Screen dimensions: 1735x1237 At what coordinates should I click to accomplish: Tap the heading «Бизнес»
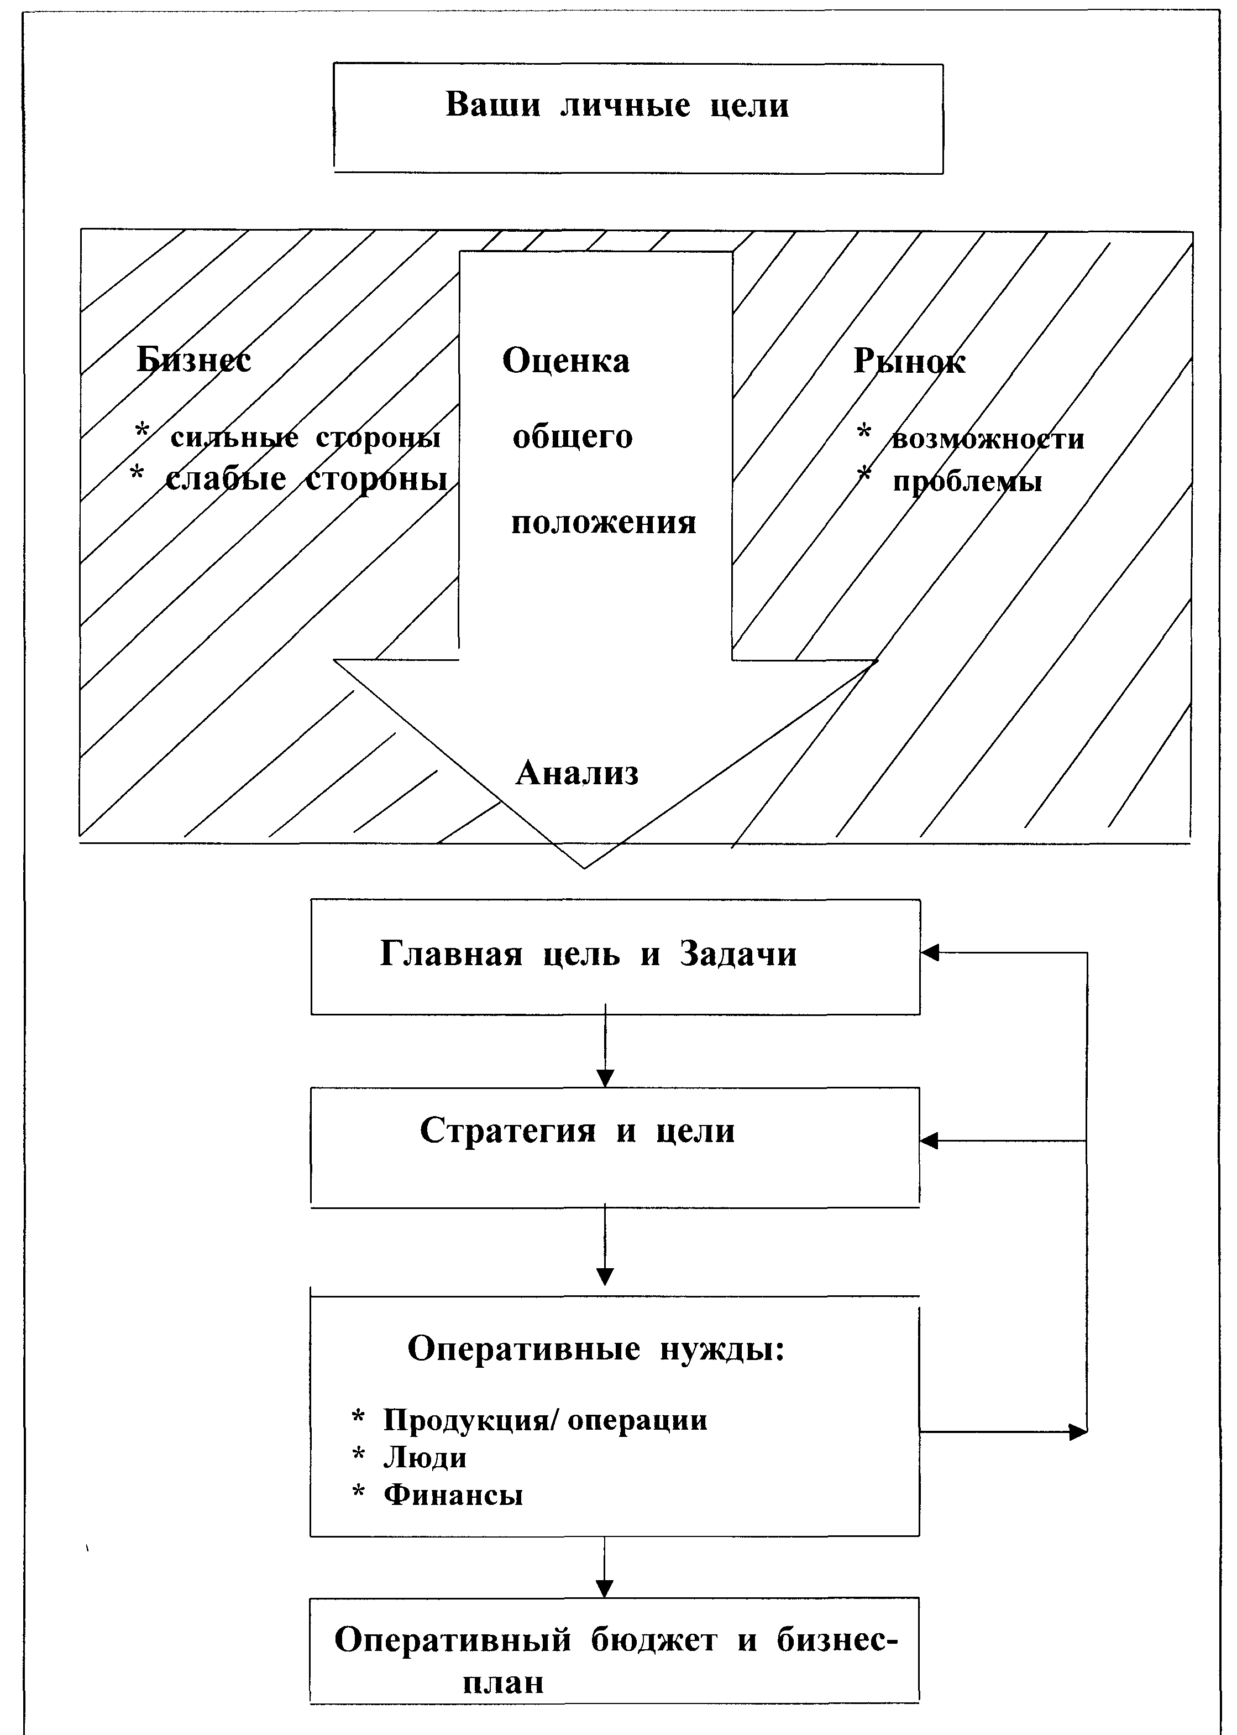click(193, 361)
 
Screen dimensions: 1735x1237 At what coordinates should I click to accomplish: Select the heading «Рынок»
click(909, 361)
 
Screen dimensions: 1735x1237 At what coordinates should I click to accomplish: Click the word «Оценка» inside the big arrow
click(566, 361)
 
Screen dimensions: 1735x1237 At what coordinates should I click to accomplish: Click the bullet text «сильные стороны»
click(306, 437)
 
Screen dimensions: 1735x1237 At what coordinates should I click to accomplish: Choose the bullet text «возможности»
click(987, 439)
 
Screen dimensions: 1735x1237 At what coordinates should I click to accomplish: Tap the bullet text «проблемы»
click(967, 482)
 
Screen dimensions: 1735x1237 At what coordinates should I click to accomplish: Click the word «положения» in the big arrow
click(603, 523)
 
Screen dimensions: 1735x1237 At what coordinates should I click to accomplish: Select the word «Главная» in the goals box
click(451, 954)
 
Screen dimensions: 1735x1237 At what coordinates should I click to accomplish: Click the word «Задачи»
click(738, 954)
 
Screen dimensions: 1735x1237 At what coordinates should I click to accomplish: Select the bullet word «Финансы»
click(453, 1495)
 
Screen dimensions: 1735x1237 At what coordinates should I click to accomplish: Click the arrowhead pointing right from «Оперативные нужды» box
click(1078, 1432)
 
